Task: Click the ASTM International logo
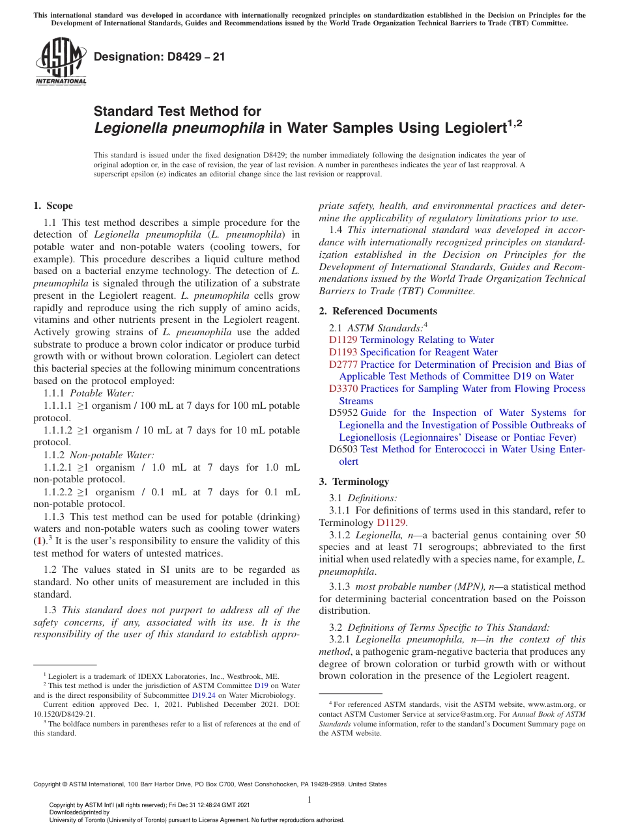[x=61, y=63]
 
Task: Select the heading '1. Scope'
[x=53, y=206]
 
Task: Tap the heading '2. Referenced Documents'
[x=378, y=311]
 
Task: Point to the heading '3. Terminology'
[x=354, y=482]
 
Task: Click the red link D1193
[x=343, y=352]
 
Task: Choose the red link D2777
[x=343, y=365]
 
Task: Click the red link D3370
[x=343, y=389]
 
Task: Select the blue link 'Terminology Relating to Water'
[x=427, y=340]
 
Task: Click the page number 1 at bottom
[x=309, y=799]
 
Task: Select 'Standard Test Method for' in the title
[x=177, y=111]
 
